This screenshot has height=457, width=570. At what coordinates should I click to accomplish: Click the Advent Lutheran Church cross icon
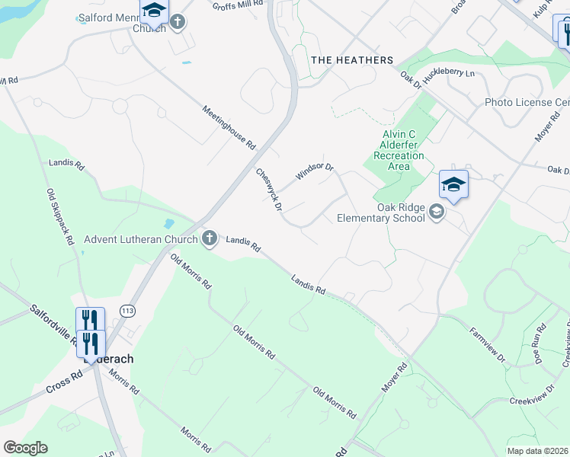pyautogui.click(x=209, y=239)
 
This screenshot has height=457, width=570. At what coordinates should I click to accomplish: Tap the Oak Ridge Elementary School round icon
pyautogui.click(x=437, y=212)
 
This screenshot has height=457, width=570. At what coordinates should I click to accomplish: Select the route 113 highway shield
pyautogui.click(x=126, y=310)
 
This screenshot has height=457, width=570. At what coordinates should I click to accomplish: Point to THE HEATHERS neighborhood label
pyautogui.click(x=352, y=60)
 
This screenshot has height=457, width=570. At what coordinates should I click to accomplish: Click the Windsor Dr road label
pyautogui.click(x=315, y=172)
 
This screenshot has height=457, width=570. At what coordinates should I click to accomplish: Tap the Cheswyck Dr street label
pyautogui.click(x=269, y=190)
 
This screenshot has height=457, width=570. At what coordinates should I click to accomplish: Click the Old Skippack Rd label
pyautogui.click(x=59, y=217)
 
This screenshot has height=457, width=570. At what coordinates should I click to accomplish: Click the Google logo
pyautogui.click(x=25, y=448)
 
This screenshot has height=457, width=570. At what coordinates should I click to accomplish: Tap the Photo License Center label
pyautogui.click(x=527, y=102)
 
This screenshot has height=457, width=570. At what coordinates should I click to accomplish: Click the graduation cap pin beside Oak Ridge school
pyautogui.click(x=453, y=185)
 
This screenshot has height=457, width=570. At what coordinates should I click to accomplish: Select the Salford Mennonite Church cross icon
pyautogui.click(x=178, y=21)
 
